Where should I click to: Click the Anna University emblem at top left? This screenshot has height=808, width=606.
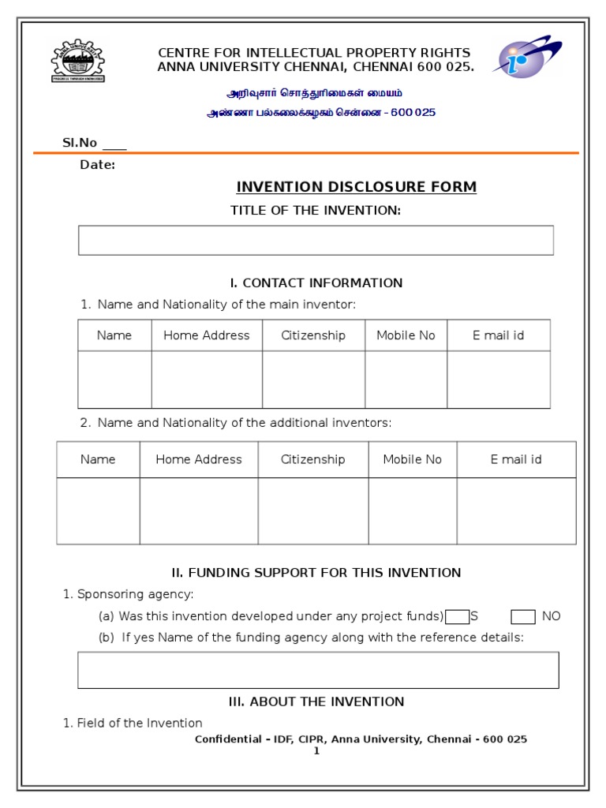coord(77,60)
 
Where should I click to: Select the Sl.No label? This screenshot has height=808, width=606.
coord(80,143)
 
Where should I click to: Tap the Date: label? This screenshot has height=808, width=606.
coord(98,165)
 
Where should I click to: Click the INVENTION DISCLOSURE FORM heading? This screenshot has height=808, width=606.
coord(357,187)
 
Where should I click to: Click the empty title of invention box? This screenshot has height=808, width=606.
coord(316,240)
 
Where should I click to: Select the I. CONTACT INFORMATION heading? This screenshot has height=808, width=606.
coord(316,282)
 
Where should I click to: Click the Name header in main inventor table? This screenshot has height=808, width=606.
coord(114,335)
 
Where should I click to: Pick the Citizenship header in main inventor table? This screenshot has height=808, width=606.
coord(313,335)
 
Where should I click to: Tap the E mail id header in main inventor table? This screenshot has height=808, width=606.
coord(499,335)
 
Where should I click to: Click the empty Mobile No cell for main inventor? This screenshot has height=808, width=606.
coord(406,380)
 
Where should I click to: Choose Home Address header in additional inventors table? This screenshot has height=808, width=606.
coord(199,459)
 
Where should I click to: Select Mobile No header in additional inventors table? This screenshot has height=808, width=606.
coord(412,459)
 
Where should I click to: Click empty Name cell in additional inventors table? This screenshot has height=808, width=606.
coord(98,511)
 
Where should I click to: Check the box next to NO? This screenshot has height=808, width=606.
coord(522,616)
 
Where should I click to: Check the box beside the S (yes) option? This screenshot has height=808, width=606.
coord(457,616)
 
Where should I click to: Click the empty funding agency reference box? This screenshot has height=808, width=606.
coord(318,670)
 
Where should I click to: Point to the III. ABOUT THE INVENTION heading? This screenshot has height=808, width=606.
coord(316,701)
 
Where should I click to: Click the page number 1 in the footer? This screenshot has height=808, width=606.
coord(316,750)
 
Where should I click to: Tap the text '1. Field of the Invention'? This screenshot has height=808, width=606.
coord(133,723)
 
